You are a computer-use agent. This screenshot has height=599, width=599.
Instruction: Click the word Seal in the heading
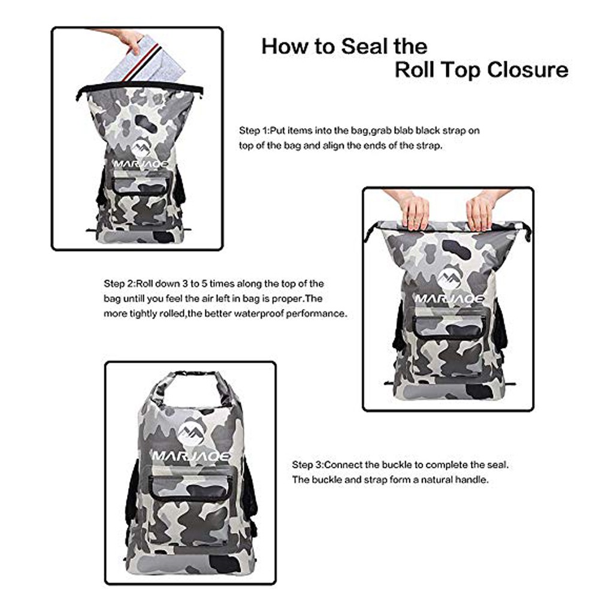(360, 46)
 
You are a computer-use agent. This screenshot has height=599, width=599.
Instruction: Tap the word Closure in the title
(528, 70)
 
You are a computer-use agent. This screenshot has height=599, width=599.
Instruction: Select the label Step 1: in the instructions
(255, 131)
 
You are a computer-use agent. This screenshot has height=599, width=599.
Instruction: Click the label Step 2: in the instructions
(120, 284)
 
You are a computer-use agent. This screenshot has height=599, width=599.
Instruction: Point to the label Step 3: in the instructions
(308, 465)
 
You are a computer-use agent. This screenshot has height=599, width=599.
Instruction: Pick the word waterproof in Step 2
(258, 314)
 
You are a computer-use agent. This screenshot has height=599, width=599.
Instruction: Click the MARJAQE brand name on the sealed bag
(192, 456)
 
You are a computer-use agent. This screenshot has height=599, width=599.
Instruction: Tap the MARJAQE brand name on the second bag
(449, 298)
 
